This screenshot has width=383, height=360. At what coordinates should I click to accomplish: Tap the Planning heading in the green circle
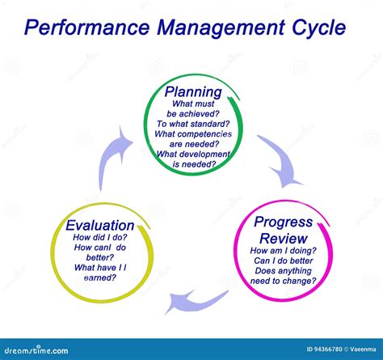[x=193, y=91]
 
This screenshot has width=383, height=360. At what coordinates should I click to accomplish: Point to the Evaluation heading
[x=102, y=225]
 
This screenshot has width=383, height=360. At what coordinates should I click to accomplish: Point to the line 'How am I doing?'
[x=283, y=252]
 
